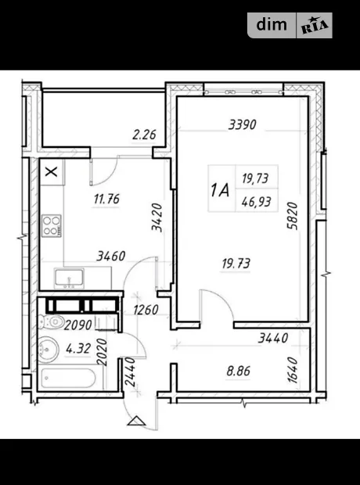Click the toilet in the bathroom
tap(52, 322)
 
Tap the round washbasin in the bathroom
tap(49, 350)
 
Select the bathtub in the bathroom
tap(69, 378)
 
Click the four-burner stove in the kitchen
tap(52, 226)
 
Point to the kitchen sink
tap(70, 277)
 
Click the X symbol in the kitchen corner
tap(52, 171)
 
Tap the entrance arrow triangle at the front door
tap(136, 421)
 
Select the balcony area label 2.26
tap(144, 135)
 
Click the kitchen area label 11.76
tap(106, 199)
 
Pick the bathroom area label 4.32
tap(78, 349)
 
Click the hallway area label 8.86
tap(239, 371)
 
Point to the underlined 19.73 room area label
tap(236, 264)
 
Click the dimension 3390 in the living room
tap(243, 124)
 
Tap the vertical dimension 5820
tap(292, 216)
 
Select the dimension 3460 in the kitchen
tap(111, 256)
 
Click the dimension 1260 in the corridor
tap(146, 310)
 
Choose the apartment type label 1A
tap(220, 189)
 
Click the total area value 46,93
tap(257, 203)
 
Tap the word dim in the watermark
tap(272, 24)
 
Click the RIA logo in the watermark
tap(315, 26)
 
